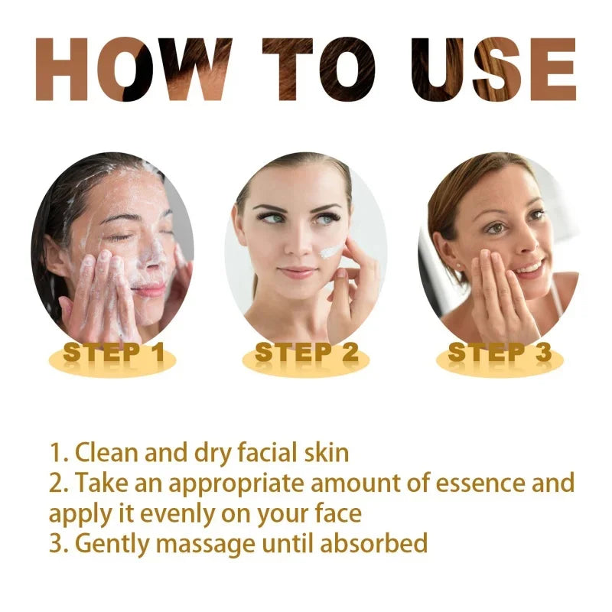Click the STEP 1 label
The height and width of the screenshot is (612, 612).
[113, 353]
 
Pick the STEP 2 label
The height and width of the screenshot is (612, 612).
[306, 353]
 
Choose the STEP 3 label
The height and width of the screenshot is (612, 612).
[499, 353]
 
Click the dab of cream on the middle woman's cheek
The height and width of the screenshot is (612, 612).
[331, 252]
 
